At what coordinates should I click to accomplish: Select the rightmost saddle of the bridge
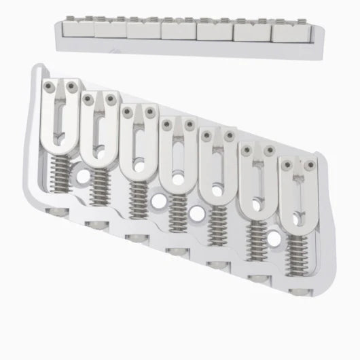pyautogui.click(x=298, y=197)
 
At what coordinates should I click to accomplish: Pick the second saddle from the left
pyautogui.click(x=99, y=129)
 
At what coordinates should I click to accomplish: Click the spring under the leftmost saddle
pyautogui.click(x=60, y=180)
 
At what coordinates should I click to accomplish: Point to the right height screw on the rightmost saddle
pyautogui.click(x=309, y=164)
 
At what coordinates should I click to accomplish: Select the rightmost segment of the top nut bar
pyautogui.click(x=287, y=32)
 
